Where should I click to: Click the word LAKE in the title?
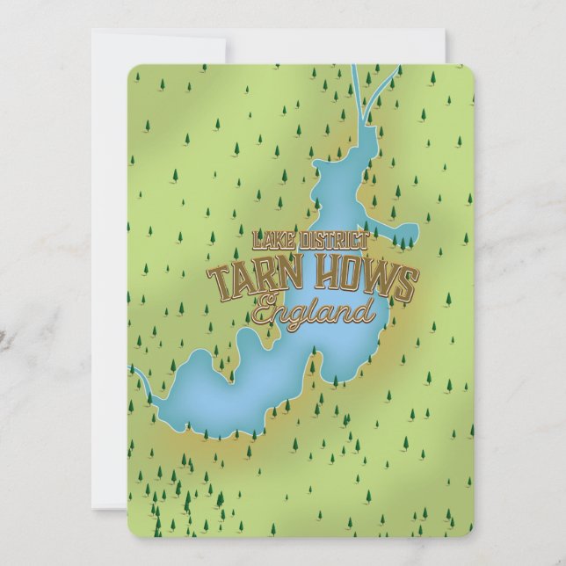pos(272,240)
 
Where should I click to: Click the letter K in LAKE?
pos(277,240)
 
